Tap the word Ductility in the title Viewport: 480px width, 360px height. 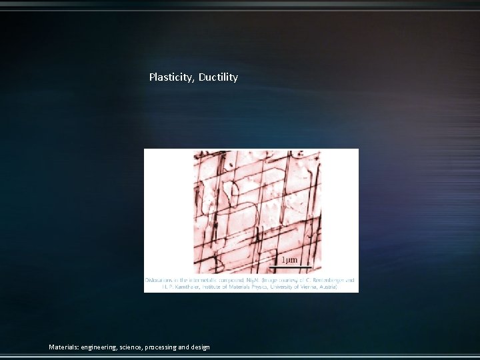click(218, 77)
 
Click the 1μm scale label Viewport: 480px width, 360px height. click(289, 260)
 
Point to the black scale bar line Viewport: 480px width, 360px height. click(290, 267)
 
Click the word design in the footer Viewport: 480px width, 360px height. click(200, 347)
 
